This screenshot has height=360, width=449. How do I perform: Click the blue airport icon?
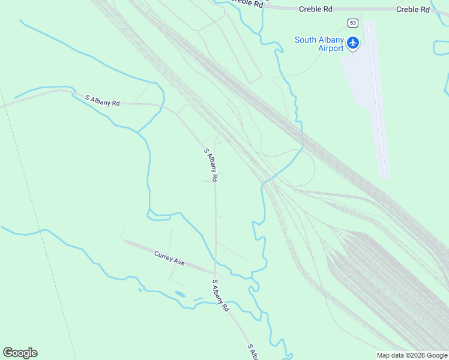click(x=353, y=43)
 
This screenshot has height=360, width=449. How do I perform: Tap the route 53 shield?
click(x=352, y=23)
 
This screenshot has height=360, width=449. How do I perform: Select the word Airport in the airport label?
click(x=331, y=48)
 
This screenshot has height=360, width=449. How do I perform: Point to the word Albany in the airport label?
click(x=333, y=40)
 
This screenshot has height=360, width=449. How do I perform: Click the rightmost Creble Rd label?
click(x=414, y=10)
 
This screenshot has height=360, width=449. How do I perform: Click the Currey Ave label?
click(x=169, y=259)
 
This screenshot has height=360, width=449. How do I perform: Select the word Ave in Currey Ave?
click(x=178, y=262)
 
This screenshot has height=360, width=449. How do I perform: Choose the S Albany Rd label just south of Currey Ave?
click(x=220, y=295)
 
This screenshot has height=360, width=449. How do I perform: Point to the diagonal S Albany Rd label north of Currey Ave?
click(x=210, y=165)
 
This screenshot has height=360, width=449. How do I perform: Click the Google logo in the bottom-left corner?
click(x=20, y=353)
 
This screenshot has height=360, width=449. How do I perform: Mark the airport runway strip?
click(x=378, y=102)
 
